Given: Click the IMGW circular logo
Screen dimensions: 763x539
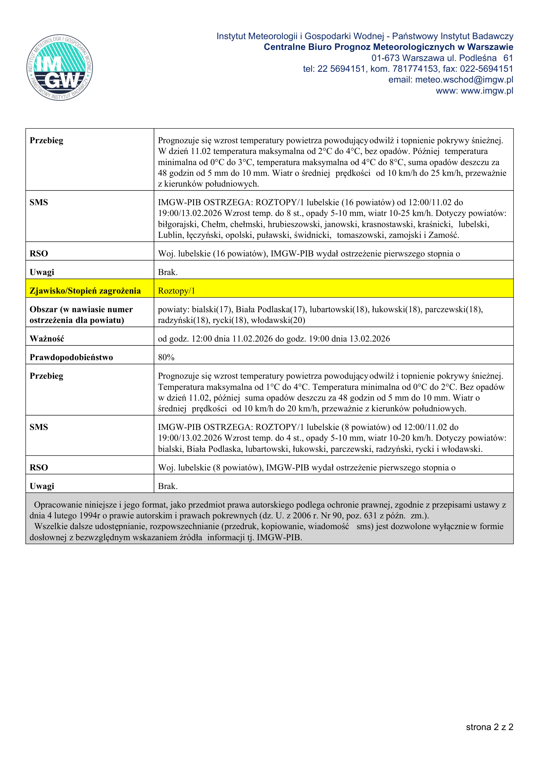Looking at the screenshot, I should tap(60, 68).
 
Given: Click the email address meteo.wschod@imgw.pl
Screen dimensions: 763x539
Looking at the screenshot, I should tap(464, 80).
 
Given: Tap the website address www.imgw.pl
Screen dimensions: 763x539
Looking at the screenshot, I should tap(487, 91).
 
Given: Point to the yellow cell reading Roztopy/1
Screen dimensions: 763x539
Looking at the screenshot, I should tap(176, 291).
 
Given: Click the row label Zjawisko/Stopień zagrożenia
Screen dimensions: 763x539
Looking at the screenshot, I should tap(85, 291).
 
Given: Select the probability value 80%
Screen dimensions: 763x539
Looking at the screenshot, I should tap(166, 357).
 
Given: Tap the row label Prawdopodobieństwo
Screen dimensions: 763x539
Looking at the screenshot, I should tap(71, 357).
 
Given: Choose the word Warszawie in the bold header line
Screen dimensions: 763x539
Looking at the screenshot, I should tap(490, 47).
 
